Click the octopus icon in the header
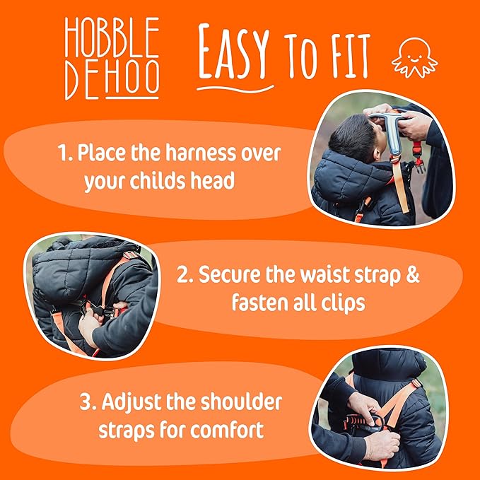pyautogui.click(x=415, y=57)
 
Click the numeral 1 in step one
pyautogui.click(x=62, y=152)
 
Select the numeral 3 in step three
pyautogui.click(x=86, y=403)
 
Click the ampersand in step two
pyautogui.click(x=411, y=274)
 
